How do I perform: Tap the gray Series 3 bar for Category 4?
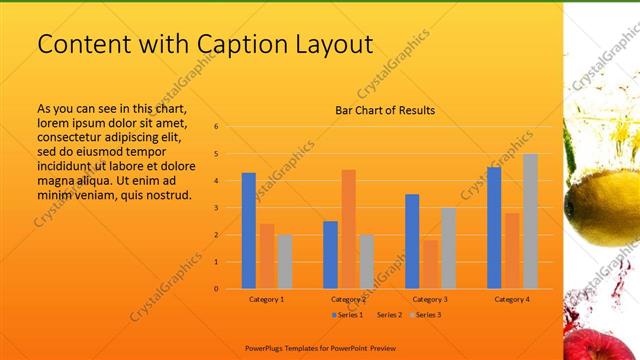coord(530,221)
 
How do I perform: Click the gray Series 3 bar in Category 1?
coord(285,261)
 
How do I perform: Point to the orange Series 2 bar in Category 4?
coord(512,250)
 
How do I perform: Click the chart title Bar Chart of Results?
coord(385,111)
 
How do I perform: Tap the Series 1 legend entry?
coord(346,315)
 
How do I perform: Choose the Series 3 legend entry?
coord(426,315)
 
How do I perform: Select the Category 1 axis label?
coord(267,299)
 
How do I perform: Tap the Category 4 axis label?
coord(512,299)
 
